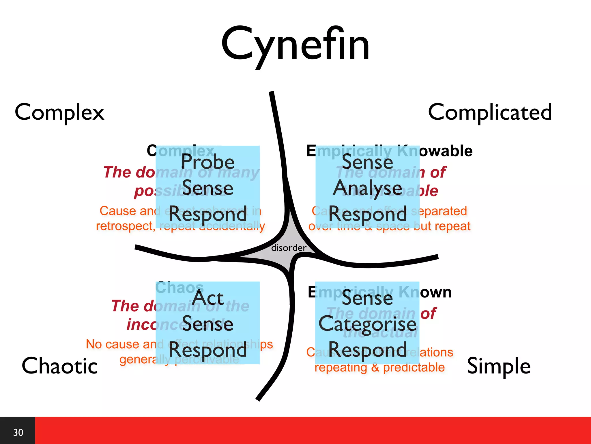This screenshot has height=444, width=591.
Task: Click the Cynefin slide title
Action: pyautogui.click(x=295, y=45)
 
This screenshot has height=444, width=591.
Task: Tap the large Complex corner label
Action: pyautogui.click(x=59, y=112)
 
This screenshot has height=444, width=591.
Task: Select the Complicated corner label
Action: pyautogui.click(x=490, y=112)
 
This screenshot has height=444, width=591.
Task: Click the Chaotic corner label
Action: pyautogui.click(x=60, y=366)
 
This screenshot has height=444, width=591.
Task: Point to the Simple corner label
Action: pyautogui.click(x=499, y=366)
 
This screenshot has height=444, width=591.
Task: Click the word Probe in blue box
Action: pyautogui.click(x=207, y=162)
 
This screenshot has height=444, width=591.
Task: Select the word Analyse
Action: pyautogui.click(x=367, y=188)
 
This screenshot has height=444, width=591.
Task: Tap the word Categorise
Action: pyautogui.click(x=367, y=324)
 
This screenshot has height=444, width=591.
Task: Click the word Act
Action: pyautogui.click(x=208, y=298)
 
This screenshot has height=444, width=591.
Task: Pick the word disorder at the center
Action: pyautogui.click(x=289, y=248)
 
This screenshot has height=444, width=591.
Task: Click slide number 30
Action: pyautogui.click(x=18, y=432)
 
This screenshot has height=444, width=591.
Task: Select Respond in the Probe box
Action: pyautogui.click(x=207, y=214)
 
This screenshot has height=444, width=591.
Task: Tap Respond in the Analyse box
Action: pyautogui.click(x=367, y=214)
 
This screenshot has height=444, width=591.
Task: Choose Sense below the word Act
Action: pyautogui.click(x=207, y=324)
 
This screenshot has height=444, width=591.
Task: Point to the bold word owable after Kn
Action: pyautogui.click(x=446, y=151)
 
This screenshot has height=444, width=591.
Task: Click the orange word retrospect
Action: pyautogui.click(x=125, y=226)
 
